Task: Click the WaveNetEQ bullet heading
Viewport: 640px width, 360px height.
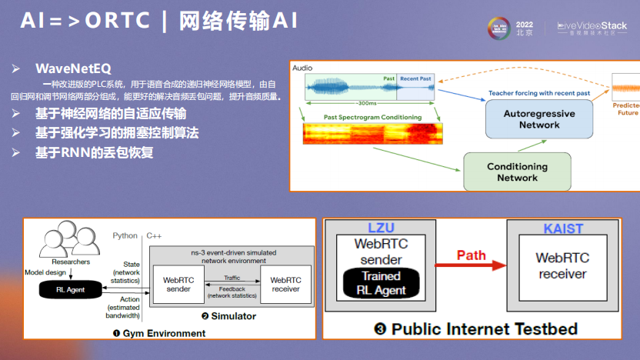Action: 72,68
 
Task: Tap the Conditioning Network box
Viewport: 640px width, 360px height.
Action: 517,172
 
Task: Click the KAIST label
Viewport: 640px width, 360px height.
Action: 563,228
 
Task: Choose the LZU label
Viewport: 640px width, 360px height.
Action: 381,228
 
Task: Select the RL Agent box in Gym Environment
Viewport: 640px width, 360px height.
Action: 72,288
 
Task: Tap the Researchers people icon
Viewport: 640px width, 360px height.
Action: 70,240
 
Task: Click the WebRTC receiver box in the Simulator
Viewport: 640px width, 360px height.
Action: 285,285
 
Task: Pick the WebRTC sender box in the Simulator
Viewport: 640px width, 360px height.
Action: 178,285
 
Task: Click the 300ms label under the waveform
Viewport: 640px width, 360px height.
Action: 368,103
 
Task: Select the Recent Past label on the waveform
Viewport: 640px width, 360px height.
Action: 415,79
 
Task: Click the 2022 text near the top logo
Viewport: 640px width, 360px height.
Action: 524,23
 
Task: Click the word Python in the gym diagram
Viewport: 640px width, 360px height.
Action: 125,235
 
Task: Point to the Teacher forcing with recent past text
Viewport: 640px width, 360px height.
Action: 538,93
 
